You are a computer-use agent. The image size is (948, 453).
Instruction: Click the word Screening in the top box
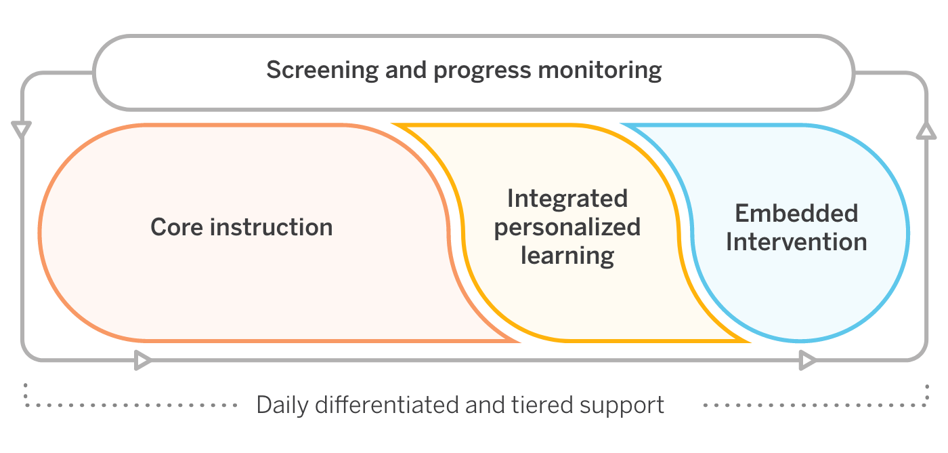click(322, 71)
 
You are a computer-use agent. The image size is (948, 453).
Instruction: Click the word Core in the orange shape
click(177, 226)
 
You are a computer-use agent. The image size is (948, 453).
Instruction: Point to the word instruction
click(272, 226)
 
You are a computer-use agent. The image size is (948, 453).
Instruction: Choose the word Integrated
click(567, 199)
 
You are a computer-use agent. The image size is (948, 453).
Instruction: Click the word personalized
click(567, 228)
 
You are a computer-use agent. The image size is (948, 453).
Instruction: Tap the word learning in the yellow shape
click(567, 256)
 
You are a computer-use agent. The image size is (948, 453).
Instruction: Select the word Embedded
click(796, 214)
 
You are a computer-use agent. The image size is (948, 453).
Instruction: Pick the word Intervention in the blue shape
click(796, 242)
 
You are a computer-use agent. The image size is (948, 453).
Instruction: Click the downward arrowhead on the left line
click(22, 129)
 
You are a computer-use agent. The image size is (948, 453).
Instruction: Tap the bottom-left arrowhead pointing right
click(142, 360)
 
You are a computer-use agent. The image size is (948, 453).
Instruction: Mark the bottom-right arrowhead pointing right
click(806, 360)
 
